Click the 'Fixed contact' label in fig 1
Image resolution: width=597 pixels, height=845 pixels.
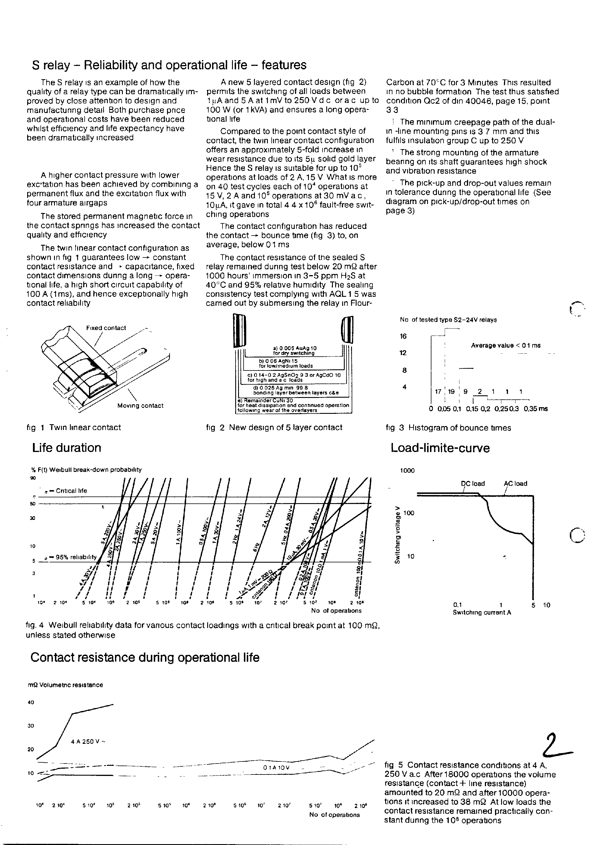coord(106,328)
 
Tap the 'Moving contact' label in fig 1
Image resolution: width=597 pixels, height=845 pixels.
coord(140,405)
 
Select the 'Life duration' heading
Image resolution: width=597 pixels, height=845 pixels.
coord(67,448)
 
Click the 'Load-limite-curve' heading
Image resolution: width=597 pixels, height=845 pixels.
coord(440,448)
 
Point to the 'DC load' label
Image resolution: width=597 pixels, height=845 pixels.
coord(472,483)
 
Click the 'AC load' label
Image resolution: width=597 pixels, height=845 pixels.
coord(515,483)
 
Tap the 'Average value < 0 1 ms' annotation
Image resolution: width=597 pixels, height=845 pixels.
coord(505,345)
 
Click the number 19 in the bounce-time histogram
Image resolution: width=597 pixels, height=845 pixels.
coord(452,392)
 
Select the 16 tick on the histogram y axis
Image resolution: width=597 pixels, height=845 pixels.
coord(403,336)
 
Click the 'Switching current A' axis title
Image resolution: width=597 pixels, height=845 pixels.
coord(482,612)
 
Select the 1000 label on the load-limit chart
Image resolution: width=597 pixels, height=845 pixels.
coord(407,470)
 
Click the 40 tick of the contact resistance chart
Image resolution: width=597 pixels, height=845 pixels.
coord(31,702)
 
